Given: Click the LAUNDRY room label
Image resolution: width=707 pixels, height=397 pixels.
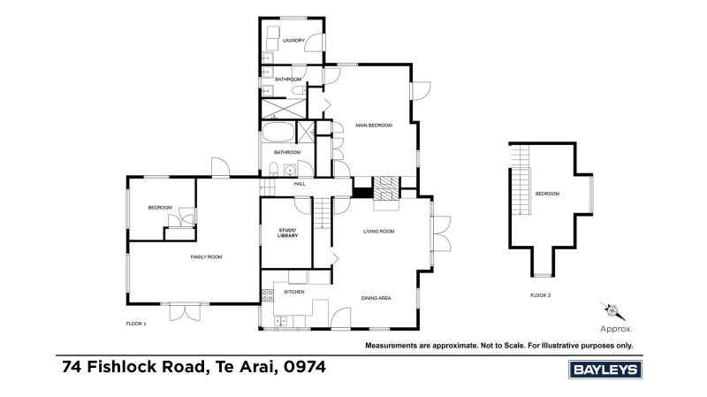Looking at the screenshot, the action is (293, 41).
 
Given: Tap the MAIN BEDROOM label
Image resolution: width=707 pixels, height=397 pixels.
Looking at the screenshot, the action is (374, 126).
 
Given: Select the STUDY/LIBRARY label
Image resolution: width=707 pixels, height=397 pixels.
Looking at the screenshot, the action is (288, 233).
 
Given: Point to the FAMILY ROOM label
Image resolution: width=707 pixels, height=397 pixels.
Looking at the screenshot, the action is (206, 257).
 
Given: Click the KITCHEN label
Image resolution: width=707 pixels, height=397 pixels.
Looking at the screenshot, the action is (294, 292).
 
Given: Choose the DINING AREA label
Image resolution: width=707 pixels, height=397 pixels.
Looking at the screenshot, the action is (376, 298).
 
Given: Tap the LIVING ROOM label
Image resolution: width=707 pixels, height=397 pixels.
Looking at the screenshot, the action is (379, 232).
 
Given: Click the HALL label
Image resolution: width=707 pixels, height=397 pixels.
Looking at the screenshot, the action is (300, 184).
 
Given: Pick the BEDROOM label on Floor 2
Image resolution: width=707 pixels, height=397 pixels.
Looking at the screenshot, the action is (547, 194).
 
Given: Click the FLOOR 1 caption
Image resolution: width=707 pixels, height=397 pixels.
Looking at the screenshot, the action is (136, 324).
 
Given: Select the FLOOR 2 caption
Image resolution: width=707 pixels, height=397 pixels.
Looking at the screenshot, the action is (540, 295).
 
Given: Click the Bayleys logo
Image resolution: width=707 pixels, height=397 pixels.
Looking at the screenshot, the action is (605, 370).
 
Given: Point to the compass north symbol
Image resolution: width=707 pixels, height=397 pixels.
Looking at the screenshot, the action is (612, 310).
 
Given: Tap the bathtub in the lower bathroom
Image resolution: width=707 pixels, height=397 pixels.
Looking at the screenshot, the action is (278, 132).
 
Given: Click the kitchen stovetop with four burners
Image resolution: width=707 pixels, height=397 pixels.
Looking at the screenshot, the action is (268, 295).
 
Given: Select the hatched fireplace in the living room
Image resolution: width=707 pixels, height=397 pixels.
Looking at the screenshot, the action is (386, 188).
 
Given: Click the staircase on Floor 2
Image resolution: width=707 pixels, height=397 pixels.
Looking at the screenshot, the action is (521, 179).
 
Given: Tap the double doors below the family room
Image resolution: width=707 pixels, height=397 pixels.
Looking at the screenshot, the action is (185, 312).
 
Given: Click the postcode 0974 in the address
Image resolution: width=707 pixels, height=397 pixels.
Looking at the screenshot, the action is (305, 367).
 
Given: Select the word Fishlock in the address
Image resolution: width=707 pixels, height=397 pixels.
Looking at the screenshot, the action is (146, 367).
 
